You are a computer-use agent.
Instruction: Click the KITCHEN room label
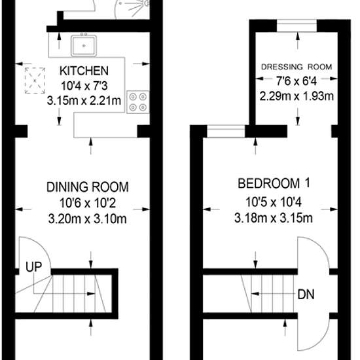tap(84, 71)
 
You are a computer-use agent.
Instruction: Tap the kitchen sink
tap(84, 46)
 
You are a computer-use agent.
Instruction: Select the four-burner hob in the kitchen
tap(138, 102)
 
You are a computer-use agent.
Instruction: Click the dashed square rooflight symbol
tap(35, 81)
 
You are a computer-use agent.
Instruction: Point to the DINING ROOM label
tap(88, 187)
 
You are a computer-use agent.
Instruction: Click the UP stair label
tap(34, 267)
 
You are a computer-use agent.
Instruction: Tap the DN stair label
tap(306, 294)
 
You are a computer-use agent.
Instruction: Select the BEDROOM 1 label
tap(274, 183)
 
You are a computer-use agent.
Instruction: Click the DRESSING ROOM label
tap(297, 67)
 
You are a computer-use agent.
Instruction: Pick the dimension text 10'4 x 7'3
tap(84, 86)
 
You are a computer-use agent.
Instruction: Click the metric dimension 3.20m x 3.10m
tap(88, 219)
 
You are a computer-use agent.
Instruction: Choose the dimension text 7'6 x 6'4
tap(297, 81)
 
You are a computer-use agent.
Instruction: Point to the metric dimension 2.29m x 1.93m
tap(297, 96)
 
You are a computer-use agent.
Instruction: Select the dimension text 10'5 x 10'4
tap(274, 202)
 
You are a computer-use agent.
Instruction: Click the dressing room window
tap(297, 26)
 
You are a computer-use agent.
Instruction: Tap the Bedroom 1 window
tap(226, 132)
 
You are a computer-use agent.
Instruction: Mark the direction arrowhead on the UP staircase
tap(91, 294)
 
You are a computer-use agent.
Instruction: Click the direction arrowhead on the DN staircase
tap(255, 294)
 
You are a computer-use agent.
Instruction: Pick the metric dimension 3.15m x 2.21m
tap(84, 101)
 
